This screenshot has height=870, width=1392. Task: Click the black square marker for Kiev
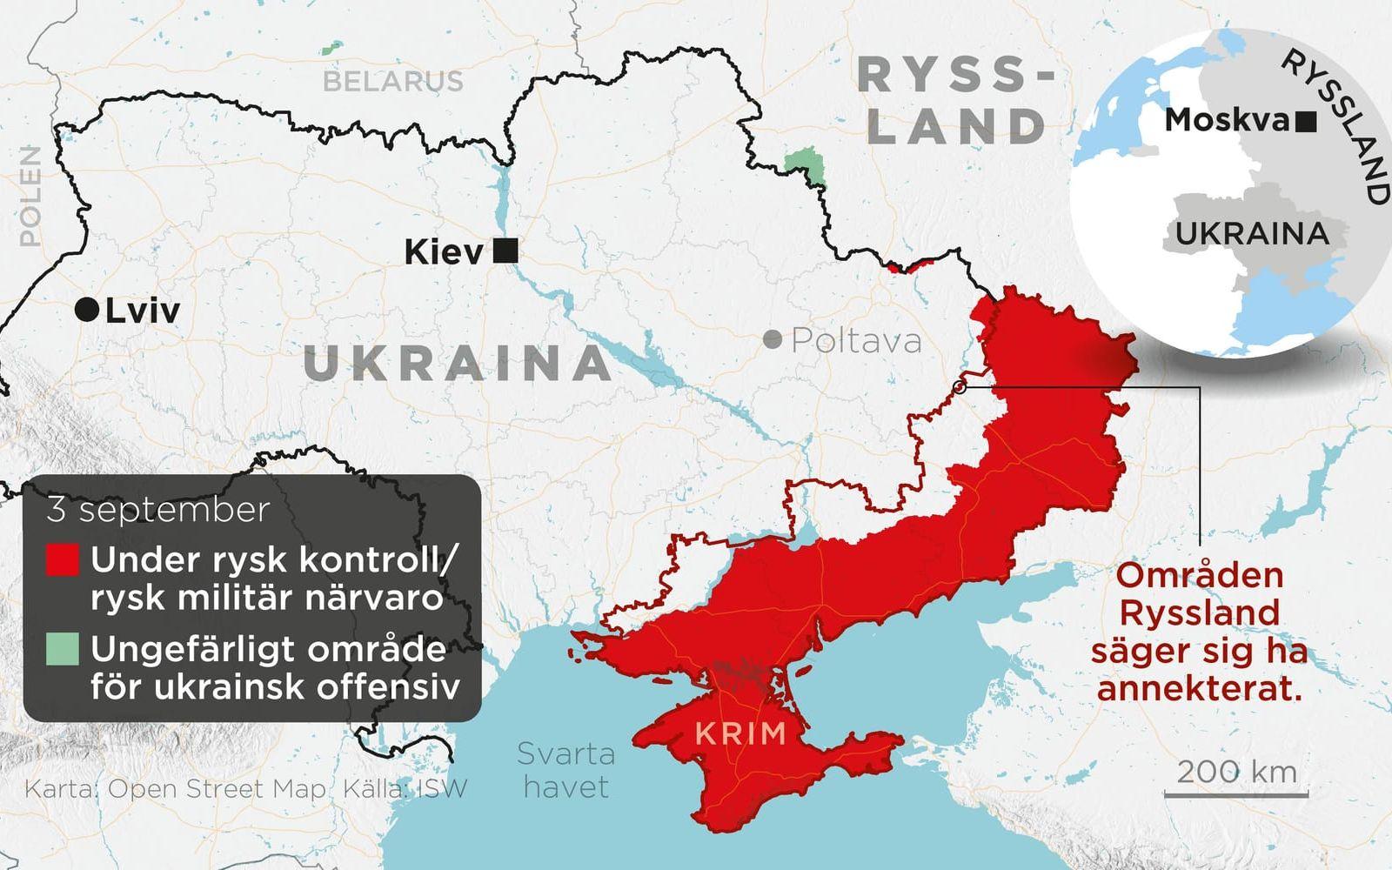[505, 252]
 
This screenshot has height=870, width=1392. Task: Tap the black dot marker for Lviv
[86, 310]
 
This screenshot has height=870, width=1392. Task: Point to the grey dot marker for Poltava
[772, 340]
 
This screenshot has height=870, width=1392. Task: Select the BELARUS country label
[393, 81]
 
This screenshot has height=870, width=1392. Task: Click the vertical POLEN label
[30, 196]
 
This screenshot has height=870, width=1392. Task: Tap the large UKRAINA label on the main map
[458, 363]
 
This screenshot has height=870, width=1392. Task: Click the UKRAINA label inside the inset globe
[1252, 233]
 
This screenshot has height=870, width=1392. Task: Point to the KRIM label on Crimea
[740, 733]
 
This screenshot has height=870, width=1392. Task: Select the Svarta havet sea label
[565, 769]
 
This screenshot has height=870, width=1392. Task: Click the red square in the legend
[63, 560]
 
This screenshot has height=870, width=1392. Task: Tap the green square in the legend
[63, 649]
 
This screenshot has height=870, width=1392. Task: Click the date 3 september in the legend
[158, 510]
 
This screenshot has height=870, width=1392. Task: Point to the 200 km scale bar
[1241, 793]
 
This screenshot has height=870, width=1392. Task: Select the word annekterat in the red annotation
[1199, 689]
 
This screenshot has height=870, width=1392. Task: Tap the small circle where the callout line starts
[959, 387]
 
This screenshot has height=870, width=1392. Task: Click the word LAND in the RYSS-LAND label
[957, 126]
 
